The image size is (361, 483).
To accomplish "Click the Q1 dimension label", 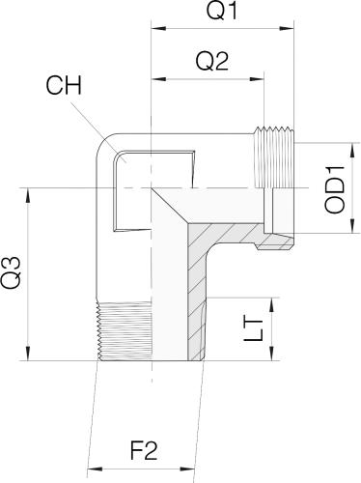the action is pos(222,11).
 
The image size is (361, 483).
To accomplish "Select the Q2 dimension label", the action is pos(212,61).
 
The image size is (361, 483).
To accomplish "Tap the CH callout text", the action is pos(64,85).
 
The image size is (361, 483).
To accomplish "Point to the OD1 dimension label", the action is pos(335,189).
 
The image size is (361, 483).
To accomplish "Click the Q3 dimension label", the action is pos(11,272).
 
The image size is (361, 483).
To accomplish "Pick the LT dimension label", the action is pos(254,330).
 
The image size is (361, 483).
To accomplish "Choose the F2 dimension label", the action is pos(144,450).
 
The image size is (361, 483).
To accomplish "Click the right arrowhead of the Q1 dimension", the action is pos(287,29).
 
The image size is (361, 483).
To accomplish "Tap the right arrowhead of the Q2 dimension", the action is pos(257,79).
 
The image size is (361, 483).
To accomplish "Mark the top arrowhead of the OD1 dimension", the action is pos(353,150).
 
